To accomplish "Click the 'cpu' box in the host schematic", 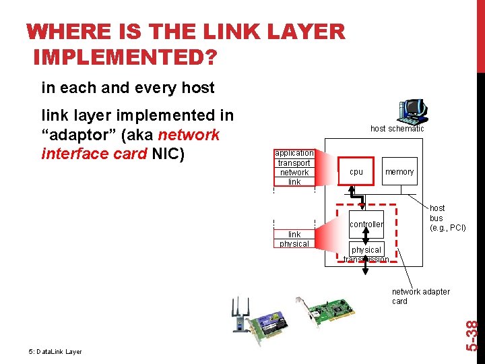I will click(x=356, y=172).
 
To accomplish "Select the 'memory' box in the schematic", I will click(x=399, y=172).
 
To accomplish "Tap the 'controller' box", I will click(x=366, y=224).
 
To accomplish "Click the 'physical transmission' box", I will click(x=366, y=254).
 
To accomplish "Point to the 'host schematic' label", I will click(x=397, y=128).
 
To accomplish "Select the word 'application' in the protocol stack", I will click(x=294, y=153).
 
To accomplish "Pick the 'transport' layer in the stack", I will click(x=294, y=162).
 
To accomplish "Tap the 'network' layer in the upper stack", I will click(x=294, y=172).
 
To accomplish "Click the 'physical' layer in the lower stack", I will click(x=294, y=244).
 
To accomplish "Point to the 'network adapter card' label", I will click(x=421, y=296).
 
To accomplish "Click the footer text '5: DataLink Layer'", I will click(x=55, y=351).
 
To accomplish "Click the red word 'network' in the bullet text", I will click(x=189, y=134).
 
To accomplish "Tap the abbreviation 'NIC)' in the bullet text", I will click(x=168, y=154).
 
